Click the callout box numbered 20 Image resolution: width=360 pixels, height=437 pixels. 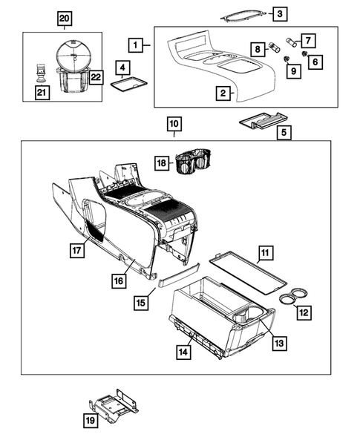65,18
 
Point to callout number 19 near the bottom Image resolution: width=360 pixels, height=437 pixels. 89,421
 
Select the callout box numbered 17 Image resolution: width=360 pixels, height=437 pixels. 76,251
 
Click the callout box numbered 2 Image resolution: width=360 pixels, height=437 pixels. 222,93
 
